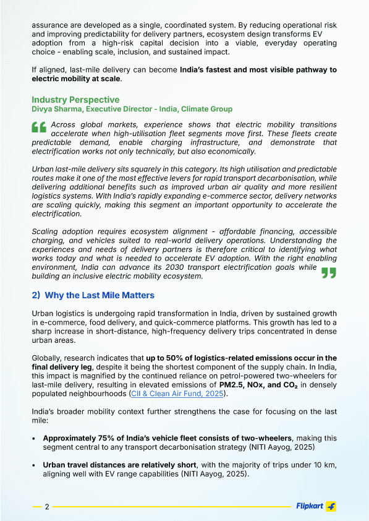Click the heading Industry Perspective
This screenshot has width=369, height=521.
[75, 100]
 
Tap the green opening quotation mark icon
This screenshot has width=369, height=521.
[39, 127]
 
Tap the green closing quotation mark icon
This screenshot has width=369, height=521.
[329, 273]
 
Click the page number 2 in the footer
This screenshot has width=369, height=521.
[47, 507]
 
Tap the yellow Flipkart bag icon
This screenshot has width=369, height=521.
[331, 506]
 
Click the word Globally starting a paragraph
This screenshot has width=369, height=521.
[48, 358]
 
